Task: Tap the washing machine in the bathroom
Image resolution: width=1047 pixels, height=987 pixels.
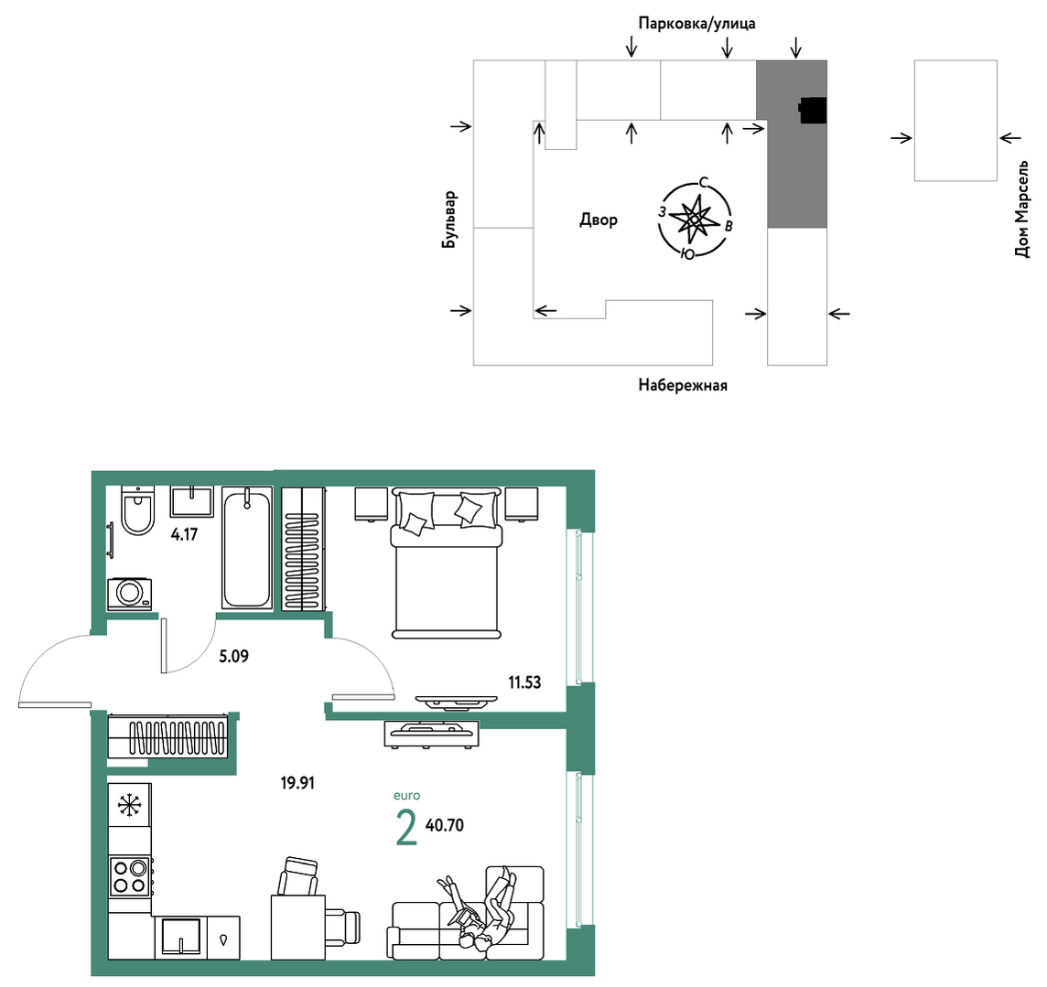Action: [x=130, y=594]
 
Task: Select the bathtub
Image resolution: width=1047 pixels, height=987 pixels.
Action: [x=246, y=548]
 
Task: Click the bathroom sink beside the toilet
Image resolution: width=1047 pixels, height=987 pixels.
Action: [x=192, y=502]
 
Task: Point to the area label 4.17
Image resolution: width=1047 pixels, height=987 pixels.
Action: [x=184, y=534]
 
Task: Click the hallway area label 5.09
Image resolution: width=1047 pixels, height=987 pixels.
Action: [x=233, y=657]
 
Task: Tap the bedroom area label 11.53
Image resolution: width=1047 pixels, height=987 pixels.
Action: [x=524, y=682]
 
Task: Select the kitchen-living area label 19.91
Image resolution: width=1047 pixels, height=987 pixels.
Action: [x=297, y=783]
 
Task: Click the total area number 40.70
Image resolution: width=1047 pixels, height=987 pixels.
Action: [x=445, y=825]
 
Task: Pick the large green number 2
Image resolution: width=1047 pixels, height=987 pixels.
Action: [x=406, y=828]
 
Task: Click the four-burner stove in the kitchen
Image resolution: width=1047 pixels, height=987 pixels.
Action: [x=130, y=876]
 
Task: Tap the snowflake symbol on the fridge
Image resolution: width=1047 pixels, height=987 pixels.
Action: [x=130, y=806]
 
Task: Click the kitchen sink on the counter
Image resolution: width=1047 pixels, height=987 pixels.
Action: [x=181, y=938]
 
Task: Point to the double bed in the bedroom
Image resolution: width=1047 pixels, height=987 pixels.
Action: [x=447, y=563]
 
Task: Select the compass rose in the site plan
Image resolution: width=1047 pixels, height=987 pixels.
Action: [x=695, y=219]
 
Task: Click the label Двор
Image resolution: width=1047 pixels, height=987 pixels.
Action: [x=599, y=220]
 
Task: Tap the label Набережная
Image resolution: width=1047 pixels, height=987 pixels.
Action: [x=683, y=385]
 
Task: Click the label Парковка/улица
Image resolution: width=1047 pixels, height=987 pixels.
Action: [x=697, y=24]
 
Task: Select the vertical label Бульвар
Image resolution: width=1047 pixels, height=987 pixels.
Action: [x=449, y=220]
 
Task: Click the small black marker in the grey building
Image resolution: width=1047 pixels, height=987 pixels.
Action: [x=814, y=111]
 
